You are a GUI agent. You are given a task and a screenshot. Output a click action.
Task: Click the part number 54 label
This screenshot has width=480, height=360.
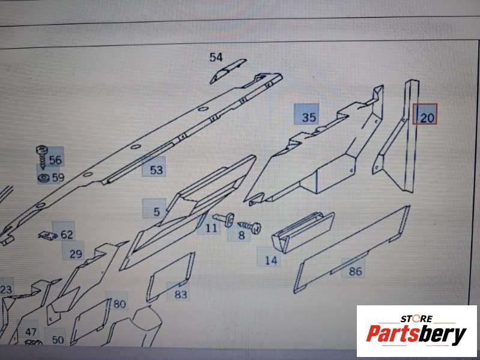[216, 57]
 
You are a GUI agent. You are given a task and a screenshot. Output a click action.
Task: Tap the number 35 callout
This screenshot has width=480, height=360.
[309, 117]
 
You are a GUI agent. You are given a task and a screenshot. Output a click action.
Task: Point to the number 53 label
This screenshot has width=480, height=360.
[156, 170]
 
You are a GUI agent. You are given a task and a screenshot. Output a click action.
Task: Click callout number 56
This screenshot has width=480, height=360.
[55, 160]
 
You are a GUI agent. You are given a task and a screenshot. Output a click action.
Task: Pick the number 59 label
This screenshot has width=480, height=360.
[58, 177]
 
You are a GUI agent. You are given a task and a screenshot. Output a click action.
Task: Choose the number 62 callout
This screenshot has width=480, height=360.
[67, 234]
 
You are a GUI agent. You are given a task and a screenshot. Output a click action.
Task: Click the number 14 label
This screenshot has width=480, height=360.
[271, 260]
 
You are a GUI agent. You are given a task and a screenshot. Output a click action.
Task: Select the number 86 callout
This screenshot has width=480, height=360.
[356, 271]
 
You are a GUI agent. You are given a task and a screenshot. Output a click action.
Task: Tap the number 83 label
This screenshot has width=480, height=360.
[181, 294]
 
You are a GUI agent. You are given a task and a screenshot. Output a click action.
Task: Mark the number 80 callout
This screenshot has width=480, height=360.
[120, 304]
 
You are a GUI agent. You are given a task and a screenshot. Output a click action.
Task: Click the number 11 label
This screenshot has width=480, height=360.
[211, 228]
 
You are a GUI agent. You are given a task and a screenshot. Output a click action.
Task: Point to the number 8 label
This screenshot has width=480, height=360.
[242, 235]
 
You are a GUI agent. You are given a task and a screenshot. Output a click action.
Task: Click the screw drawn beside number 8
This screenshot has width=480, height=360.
[249, 227]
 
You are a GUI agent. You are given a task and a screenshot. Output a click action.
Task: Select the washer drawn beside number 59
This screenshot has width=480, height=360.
[43, 177]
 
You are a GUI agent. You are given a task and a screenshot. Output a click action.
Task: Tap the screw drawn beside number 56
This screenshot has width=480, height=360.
[42, 156]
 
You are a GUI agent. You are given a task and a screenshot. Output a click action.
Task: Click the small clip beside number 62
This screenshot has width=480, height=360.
[47, 236]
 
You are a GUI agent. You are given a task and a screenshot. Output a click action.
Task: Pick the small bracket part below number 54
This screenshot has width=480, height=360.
[228, 70]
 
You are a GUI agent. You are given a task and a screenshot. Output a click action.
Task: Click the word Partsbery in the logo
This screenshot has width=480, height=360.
[416, 334]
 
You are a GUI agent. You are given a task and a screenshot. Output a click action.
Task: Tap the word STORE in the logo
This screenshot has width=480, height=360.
[416, 319]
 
